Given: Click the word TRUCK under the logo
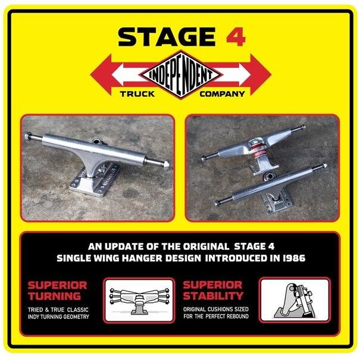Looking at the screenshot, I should [136, 94].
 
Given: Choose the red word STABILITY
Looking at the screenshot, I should [214, 296].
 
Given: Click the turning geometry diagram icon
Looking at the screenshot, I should [139, 300].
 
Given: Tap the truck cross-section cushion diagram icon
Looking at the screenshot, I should [295, 300].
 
